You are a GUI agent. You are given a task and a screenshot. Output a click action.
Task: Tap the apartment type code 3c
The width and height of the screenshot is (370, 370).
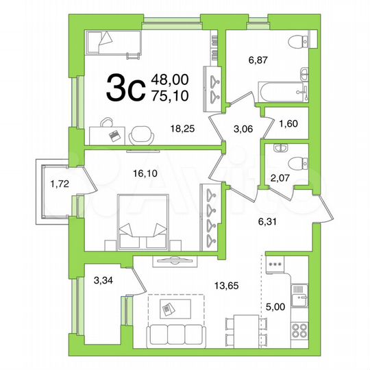123,87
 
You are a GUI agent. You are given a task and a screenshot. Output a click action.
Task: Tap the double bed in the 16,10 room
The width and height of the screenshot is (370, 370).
143,222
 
